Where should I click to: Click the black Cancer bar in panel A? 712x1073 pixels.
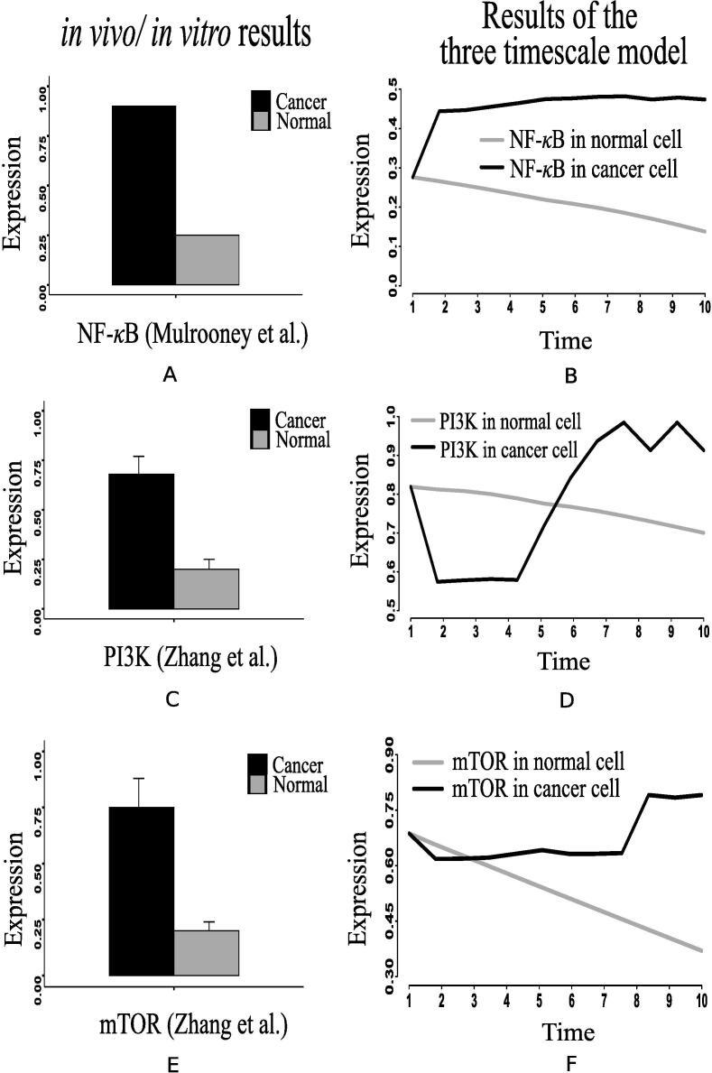coord(143,195)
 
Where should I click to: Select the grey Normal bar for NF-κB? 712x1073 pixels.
coord(207,260)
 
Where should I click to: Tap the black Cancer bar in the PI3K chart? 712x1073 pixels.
coord(141,541)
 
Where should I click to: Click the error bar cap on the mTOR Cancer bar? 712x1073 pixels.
coord(140,779)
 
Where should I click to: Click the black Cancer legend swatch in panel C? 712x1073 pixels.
coord(259,421)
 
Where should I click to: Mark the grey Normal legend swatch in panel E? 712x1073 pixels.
coord(258,783)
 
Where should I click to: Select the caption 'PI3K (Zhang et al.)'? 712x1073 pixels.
coord(186,659)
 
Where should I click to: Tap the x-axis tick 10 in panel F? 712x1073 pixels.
coord(703,1004)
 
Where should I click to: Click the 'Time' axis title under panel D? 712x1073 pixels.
coord(565,661)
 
